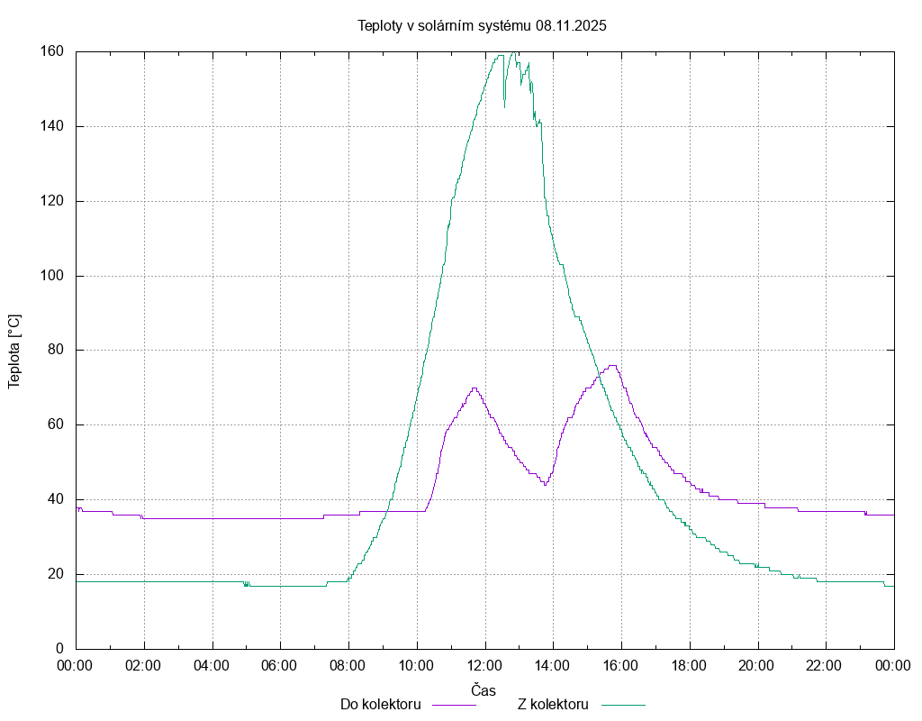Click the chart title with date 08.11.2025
pos(482,26)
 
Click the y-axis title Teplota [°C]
pos(14,351)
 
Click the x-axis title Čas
pos(484,690)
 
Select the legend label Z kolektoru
pos(553,705)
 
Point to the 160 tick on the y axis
pos(51,51)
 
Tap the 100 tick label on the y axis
pos(51,276)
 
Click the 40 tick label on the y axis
pos(55,499)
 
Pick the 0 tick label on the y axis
pos(59,649)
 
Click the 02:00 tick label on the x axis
pos(143,666)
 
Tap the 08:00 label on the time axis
pos(348,666)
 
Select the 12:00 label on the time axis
pos(484,666)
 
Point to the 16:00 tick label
pos(620,666)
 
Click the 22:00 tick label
pos(825,666)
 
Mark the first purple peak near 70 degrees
pos(474,388)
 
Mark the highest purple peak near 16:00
pos(612,366)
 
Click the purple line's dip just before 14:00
pos(545,485)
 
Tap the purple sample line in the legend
pos(454,705)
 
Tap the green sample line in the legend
pos(624,705)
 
